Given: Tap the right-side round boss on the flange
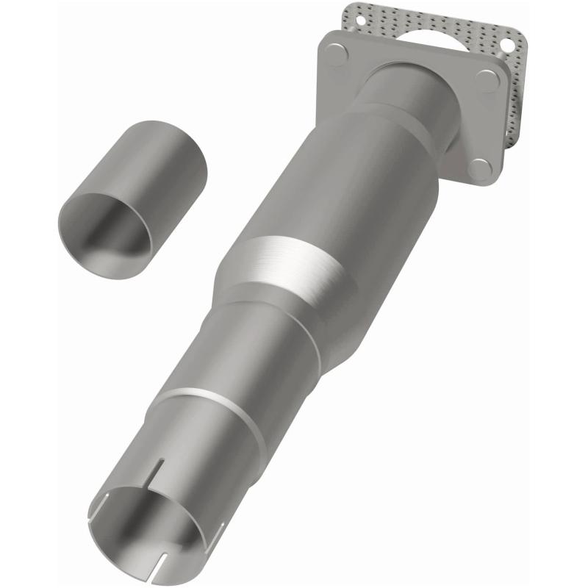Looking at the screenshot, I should point(486,80).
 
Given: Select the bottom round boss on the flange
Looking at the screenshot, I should point(480,169).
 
